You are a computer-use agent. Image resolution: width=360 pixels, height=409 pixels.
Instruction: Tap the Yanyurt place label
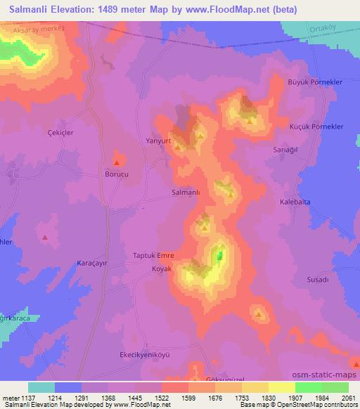click(158, 139)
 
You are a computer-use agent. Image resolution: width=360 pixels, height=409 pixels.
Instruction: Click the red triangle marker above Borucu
click(116, 162)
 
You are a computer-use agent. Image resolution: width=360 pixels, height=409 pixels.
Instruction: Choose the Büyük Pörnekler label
click(316, 82)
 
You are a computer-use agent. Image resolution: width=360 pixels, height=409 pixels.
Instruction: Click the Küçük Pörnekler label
click(316, 126)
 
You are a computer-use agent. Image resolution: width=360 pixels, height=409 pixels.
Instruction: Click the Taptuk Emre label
click(153, 256)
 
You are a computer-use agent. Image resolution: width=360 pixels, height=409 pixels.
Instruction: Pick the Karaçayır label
click(90, 263)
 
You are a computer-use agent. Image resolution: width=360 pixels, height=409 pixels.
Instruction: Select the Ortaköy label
click(323, 28)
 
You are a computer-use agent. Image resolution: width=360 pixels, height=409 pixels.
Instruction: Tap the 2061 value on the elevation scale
click(348, 398)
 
